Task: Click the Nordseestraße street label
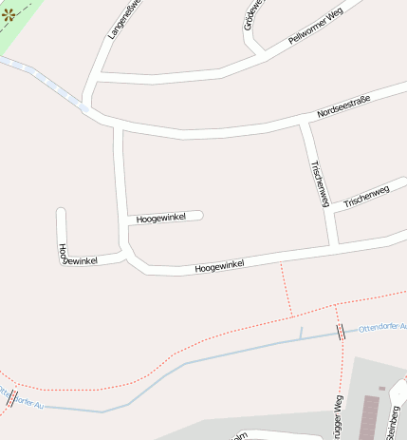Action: coord(343,106)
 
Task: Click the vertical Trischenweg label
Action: coord(319,183)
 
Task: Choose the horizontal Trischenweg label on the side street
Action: coord(366,198)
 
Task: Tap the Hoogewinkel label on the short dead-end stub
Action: coord(159,219)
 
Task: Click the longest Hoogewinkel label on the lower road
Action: coord(219,267)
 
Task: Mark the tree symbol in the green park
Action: coord(9,15)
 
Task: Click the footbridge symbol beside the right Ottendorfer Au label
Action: coord(341,331)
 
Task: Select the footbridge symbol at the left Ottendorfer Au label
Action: coord(12,398)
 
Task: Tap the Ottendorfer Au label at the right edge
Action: coord(382,327)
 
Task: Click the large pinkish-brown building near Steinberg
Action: coord(370,418)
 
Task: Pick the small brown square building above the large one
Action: coord(382,388)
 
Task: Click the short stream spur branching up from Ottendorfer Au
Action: coord(301,333)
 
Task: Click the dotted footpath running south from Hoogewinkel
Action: coord(287,289)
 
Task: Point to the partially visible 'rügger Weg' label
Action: coord(336,417)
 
